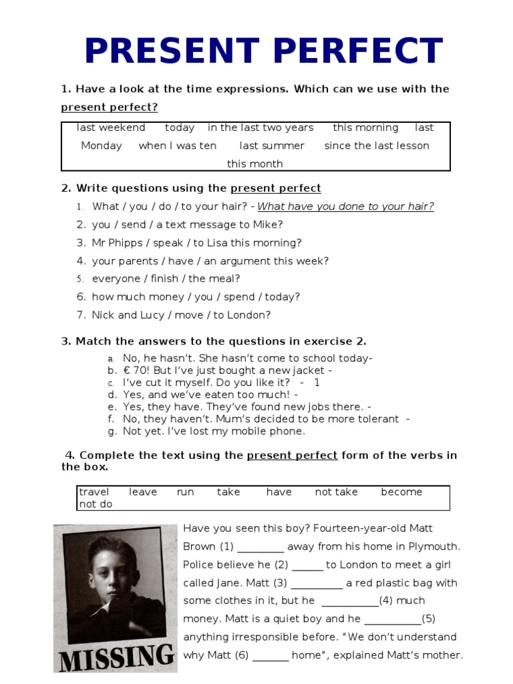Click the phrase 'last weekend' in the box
(x=111, y=128)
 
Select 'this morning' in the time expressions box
(x=365, y=128)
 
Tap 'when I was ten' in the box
(x=178, y=146)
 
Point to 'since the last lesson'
(x=377, y=146)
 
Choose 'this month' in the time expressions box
(x=255, y=164)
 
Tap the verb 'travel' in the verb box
(x=94, y=492)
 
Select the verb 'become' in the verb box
(x=401, y=492)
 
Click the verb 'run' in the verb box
(x=186, y=492)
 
